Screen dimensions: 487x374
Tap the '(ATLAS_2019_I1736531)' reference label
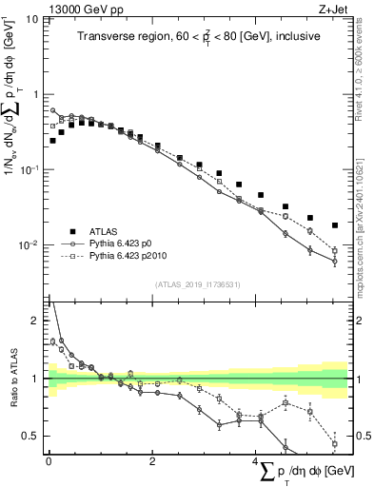[197, 283]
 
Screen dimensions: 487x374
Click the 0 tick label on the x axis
[48, 461]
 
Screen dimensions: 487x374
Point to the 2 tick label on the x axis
[152, 461]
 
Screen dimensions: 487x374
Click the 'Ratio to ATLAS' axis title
[12, 378]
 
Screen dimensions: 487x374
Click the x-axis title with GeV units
[305, 472]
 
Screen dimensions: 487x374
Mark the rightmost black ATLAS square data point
[335, 225]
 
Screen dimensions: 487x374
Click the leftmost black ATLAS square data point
[52, 141]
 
